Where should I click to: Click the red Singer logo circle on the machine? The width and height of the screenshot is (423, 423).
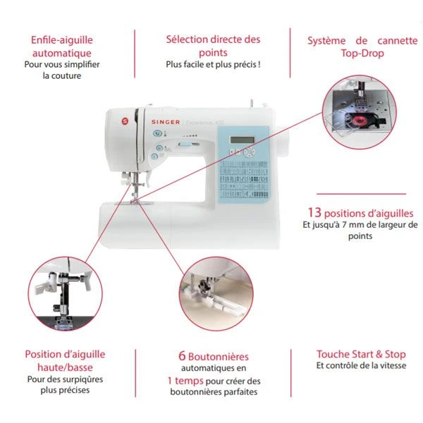[x=125, y=121]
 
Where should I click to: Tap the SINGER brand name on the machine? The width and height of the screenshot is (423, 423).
[x=166, y=122]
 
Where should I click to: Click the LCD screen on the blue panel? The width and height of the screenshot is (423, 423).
[x=243, y=140]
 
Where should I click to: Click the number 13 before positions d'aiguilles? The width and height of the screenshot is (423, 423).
[x=314, y=212]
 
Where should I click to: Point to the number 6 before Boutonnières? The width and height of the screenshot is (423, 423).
[x=182, y=356]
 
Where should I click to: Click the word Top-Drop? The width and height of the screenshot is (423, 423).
[x=362, y=53]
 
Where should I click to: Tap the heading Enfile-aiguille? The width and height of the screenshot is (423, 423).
[x=62, y=40]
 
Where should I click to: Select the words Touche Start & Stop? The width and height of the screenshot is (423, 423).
[x=361, y=354]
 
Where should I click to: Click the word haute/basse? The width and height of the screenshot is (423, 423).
[x=65, y=367]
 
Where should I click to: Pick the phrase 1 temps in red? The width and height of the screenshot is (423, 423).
[x=185, y=381]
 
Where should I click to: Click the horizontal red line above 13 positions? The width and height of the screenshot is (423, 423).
[x=361, y=194]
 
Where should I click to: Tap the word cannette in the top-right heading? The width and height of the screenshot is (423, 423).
[x=398, y=41]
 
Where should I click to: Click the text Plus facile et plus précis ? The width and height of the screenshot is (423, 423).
[x=213, y=64]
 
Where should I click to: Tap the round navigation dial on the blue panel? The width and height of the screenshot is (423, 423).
[x=249, y=152]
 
